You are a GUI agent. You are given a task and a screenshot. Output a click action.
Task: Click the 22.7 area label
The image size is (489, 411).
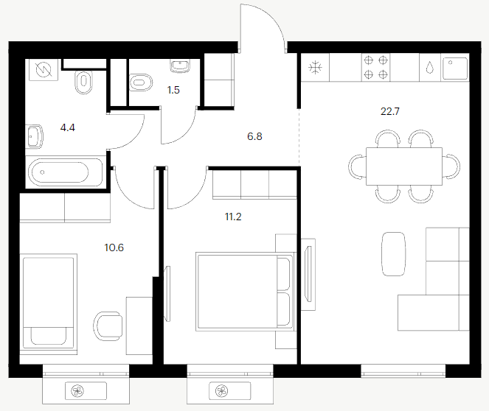[x=390, y=111]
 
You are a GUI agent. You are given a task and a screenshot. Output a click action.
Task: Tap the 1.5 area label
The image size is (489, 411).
[x=173, y=91]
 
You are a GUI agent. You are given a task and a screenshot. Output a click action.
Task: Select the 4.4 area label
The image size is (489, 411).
[x=68, y=127]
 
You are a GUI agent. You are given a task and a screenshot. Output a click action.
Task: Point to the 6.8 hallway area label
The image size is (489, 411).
[x=254, y=136]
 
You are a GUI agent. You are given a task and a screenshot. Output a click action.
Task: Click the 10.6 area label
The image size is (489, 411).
[x=114, y=247]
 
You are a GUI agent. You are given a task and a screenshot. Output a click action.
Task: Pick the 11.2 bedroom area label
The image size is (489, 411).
[x=233, y=217]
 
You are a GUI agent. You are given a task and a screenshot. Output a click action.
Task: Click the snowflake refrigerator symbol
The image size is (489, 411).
[x=315, y=68]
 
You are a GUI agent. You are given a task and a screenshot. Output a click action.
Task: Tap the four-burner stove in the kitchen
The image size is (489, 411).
[x=376, y=67]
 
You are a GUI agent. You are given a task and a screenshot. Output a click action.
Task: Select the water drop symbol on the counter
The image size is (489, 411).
[x=430, y=68]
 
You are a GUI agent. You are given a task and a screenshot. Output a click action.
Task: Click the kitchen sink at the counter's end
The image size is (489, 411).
[x=455, y=68]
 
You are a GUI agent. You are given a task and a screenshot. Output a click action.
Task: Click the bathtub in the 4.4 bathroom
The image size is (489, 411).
[x=66, y=172]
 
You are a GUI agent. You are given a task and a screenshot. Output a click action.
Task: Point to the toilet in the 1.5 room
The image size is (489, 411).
[x=141, y=82]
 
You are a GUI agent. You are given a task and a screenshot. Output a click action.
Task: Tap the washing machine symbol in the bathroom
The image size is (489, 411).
[x=44, y=70]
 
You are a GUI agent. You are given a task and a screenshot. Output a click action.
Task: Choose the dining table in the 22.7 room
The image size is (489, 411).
[x=404, y=166]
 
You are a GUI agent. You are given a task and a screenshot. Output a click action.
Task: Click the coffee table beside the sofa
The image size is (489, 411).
[x=394, y=254]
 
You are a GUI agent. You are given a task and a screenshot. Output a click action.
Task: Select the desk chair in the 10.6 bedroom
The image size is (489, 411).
[x=108, y=326]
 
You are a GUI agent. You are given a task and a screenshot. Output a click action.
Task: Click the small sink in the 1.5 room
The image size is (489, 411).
[x=180, y=66]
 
